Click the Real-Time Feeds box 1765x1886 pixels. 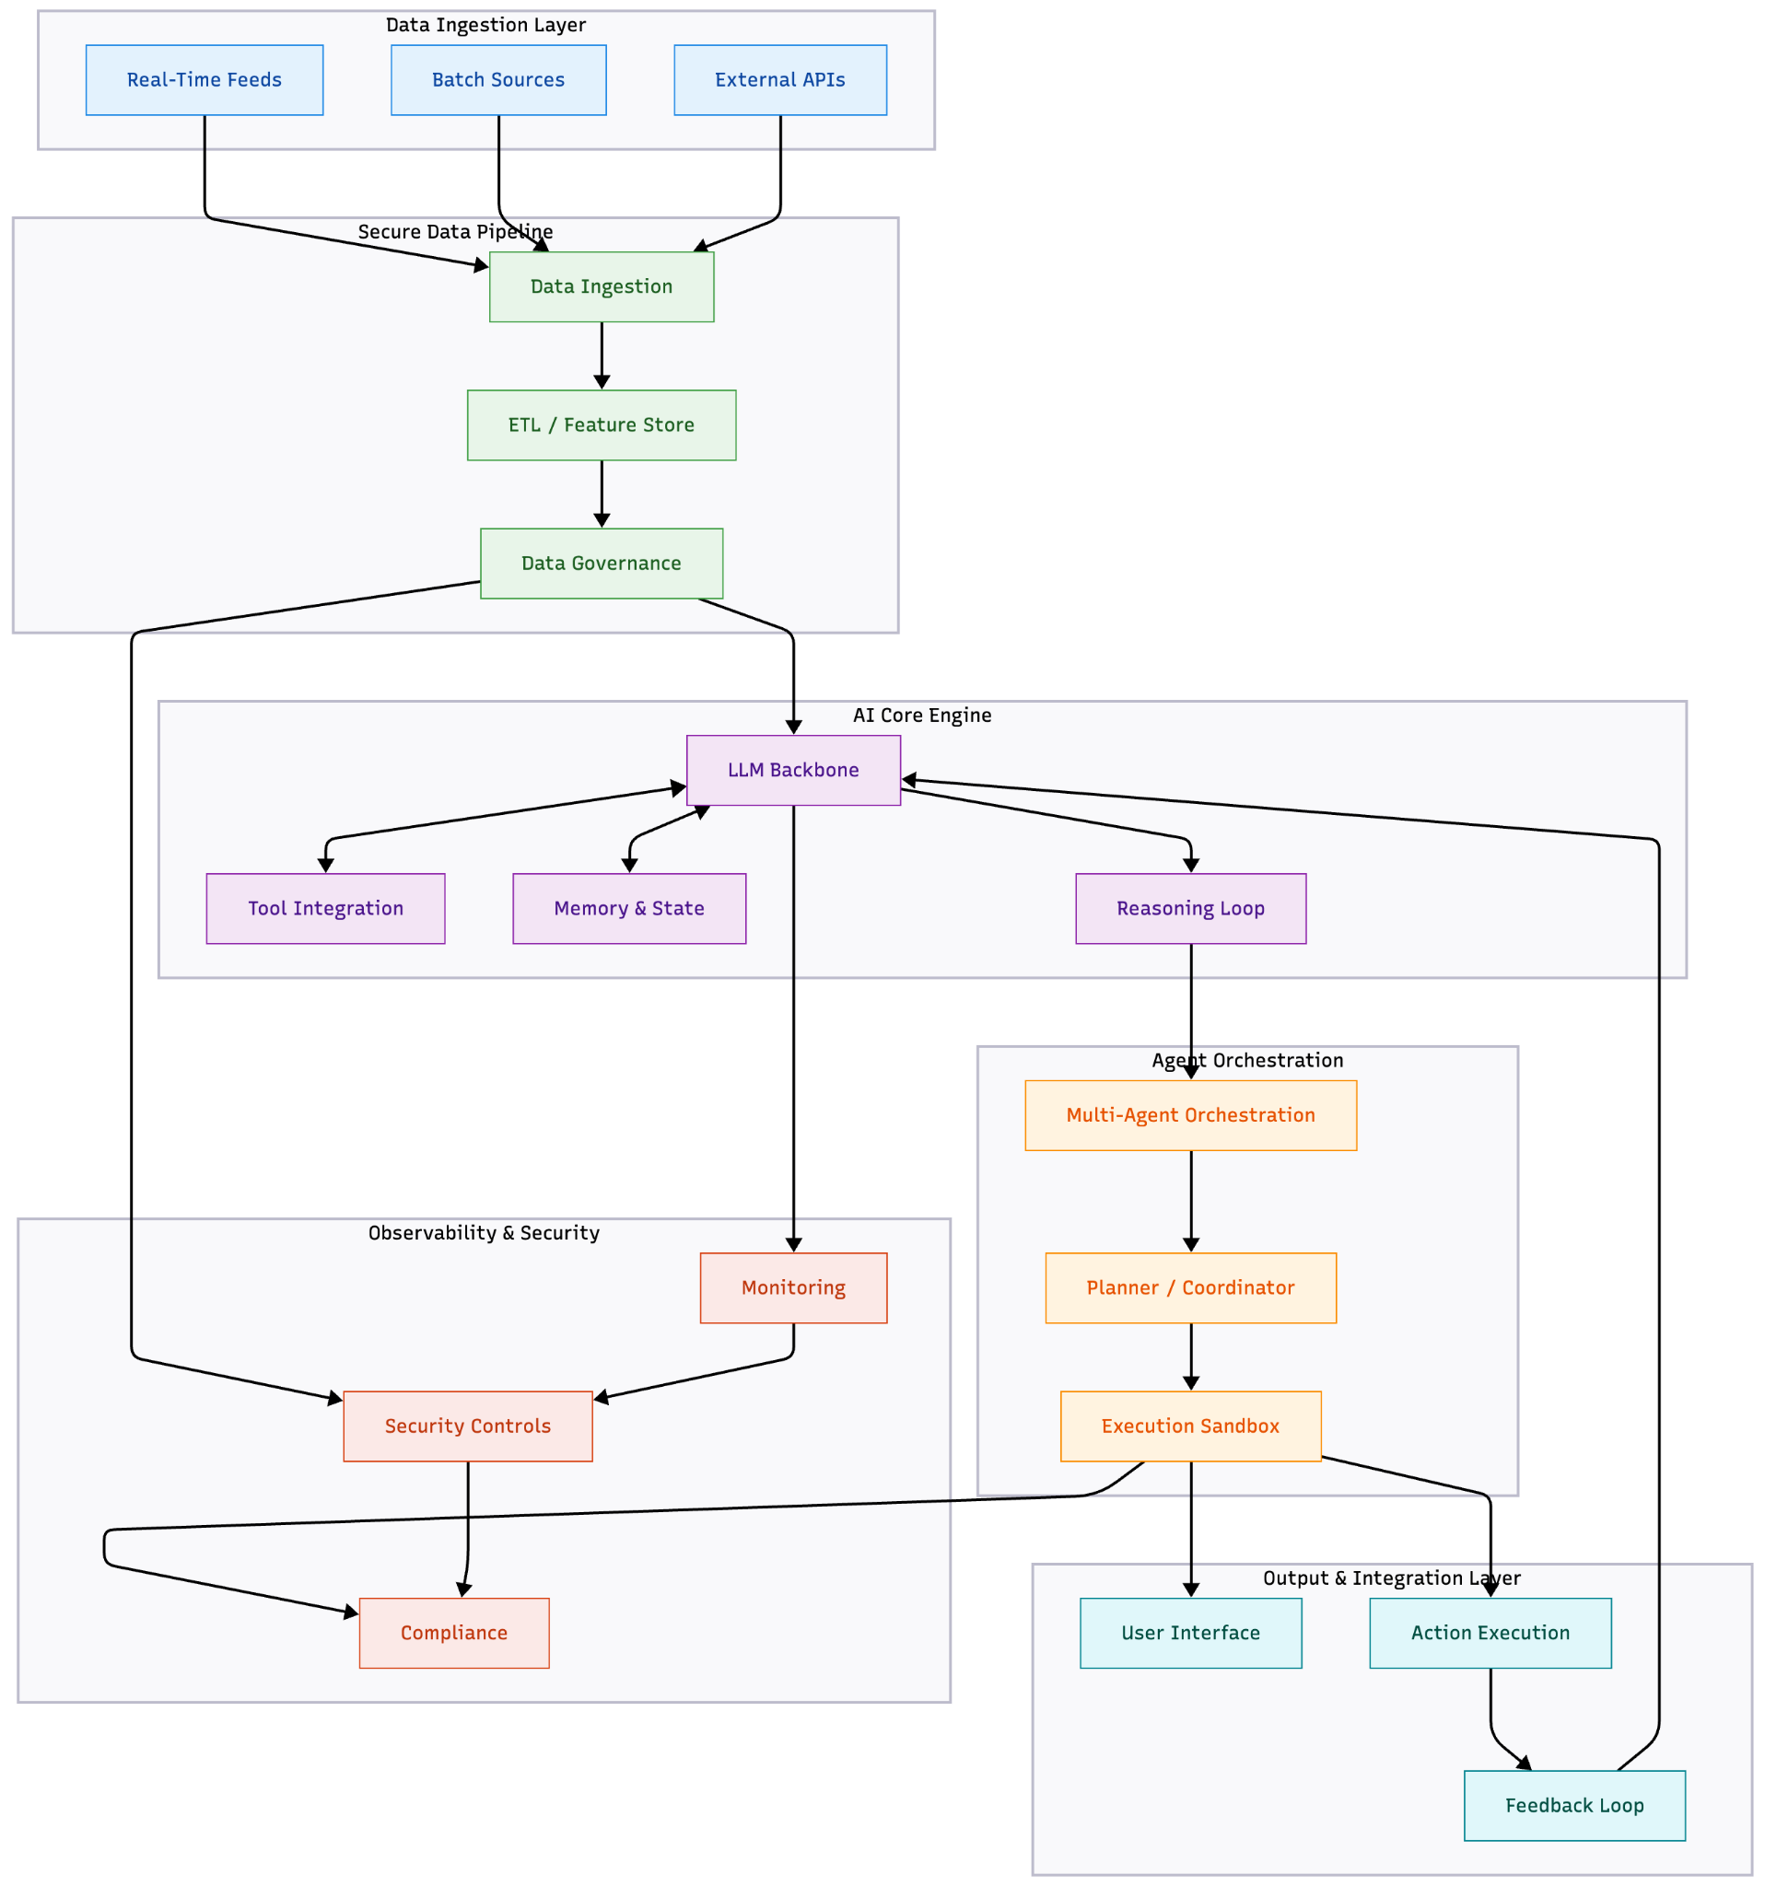point(204,80)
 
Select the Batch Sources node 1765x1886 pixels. point(498,80)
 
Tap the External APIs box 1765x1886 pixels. point(780,80)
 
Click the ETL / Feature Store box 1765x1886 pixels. point(601,425)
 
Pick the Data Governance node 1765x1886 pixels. point(601,564)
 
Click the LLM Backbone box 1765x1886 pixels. point(793,771)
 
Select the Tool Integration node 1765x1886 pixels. point(325,909)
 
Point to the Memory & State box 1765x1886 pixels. point(629,909)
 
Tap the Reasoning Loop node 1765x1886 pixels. point(1191,909)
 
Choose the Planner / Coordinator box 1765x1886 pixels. point(1191,1288)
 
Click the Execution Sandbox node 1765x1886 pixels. point(1191,1426)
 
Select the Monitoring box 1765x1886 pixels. point(793,1288)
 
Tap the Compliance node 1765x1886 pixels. point(453,1634)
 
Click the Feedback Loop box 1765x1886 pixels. point(1574,1806)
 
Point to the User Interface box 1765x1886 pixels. point(1191,1634)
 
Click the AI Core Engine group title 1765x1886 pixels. point(921,716)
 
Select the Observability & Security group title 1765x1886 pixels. point(484,1233)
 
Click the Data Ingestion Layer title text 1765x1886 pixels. point(485,25)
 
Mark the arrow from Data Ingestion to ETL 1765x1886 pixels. point(602,355)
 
